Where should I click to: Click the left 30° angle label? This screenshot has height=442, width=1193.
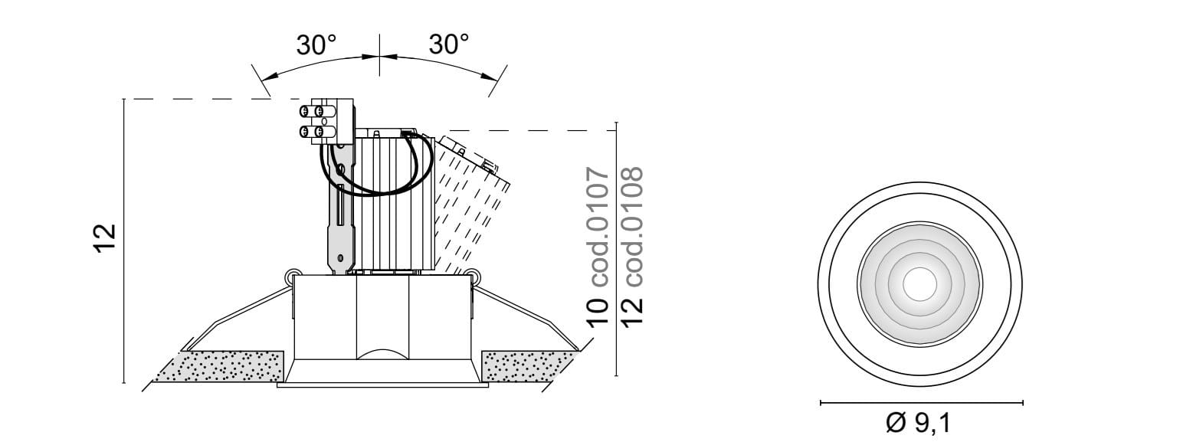click(316, 45)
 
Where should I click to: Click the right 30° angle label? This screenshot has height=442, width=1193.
click(448, 44)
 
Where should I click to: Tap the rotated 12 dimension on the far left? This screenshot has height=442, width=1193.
click(105, 238)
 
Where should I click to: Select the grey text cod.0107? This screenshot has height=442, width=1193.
click(597, 227)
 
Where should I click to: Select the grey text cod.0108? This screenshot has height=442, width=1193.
click(632, 227)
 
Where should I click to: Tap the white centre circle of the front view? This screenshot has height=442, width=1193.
click(919, 283)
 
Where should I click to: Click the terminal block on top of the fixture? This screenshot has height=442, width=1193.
click(326, 121)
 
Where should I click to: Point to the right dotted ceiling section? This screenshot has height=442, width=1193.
click(527, 366)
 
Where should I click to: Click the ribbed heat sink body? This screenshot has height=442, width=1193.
click(395, 202)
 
